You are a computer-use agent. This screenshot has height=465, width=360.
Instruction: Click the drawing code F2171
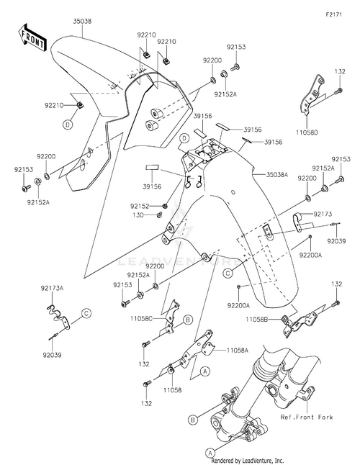point(333,14)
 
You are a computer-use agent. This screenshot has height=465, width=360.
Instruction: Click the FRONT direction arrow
point(32,37)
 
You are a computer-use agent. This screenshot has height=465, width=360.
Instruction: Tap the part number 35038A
point(276,175)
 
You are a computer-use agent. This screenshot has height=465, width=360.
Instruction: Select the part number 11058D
point(307,132)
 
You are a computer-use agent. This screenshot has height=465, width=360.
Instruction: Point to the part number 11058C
point(141,319)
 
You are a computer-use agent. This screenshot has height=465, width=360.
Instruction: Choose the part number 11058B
point(257,320)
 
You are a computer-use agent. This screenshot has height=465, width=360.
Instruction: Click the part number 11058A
point(237,351)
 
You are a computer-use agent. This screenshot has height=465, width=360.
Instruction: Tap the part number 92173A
point(52,288)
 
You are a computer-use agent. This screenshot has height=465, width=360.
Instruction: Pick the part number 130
point(138,215)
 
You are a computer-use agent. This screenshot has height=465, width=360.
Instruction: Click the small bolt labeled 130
point(159,214)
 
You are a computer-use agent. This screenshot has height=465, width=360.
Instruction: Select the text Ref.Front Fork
point(307,417)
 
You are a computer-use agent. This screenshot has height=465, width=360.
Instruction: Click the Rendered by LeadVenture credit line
point(247,461)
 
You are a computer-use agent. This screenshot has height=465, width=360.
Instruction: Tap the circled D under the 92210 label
point(68,125)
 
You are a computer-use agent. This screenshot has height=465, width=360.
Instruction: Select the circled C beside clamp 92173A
point(86,313)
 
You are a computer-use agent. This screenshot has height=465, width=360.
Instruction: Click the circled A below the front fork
point(210,453)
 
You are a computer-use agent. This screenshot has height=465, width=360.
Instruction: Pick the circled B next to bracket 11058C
point(188,320)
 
